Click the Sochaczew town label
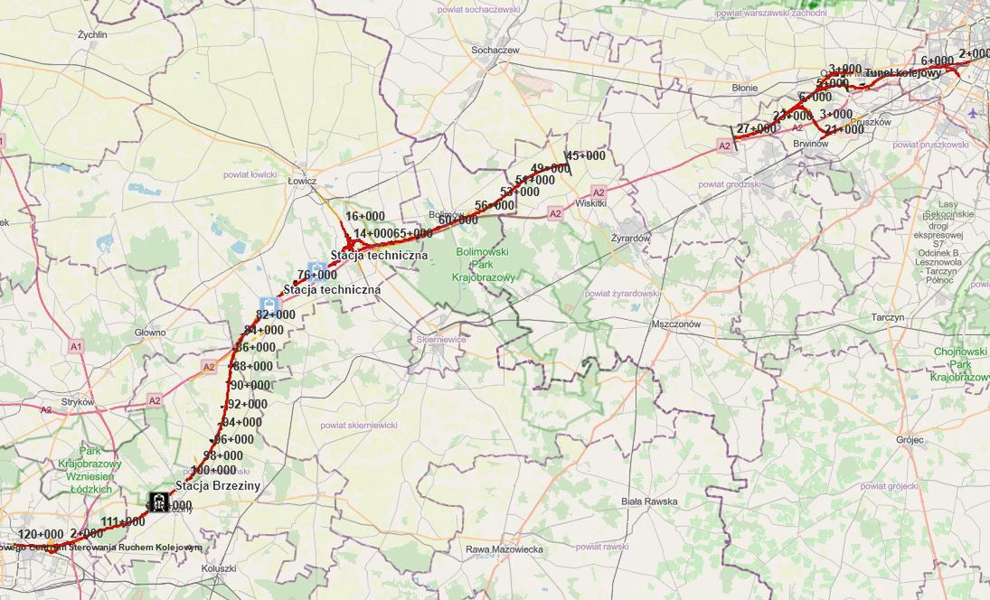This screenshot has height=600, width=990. tap(495, 51)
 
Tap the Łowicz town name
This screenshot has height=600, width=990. tap(301, 181)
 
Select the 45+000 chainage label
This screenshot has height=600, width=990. tap(586, 155)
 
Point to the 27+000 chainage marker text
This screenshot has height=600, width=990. tap(756, 129)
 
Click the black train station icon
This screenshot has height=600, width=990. tap(159, 502)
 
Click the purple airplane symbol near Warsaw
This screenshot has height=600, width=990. tap(971, 114)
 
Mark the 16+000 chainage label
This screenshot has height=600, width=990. tap(365, 216)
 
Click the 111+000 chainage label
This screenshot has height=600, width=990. tap(123, 521)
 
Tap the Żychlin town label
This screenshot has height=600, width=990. tap(92, 35)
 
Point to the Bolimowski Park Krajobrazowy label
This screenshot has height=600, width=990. tap(485, 264)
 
